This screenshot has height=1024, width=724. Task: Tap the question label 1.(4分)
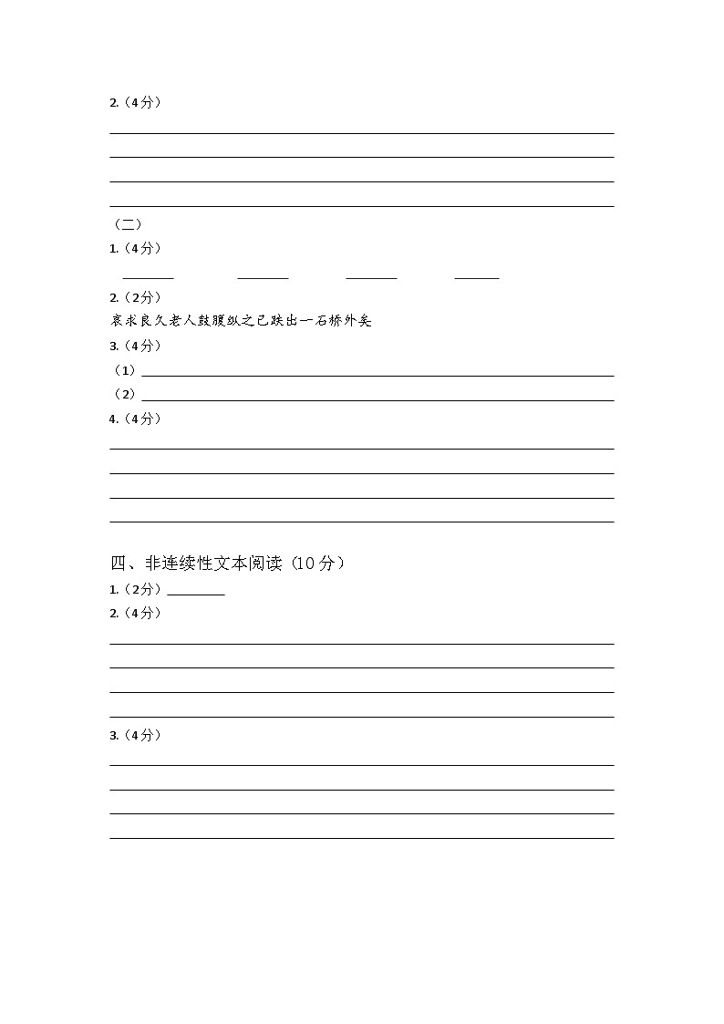(x=135, y=249)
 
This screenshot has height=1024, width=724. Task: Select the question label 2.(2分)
(x=135, y=297)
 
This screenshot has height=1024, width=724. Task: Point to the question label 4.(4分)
(x=135, y=419)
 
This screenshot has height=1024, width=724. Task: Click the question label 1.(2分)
(x=135, y=589)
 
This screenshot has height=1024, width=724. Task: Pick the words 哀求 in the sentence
(x=122, y=321)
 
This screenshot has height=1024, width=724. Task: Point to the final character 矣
(x=365, y=321)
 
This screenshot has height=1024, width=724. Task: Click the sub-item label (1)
(x=124, y=370)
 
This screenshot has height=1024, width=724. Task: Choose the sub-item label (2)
(x=124, y=394)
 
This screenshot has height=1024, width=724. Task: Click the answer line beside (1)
(x=378, y=375)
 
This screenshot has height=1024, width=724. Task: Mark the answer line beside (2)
(x=378, y=399)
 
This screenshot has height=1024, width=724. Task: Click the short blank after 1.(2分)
(x=196, y=593)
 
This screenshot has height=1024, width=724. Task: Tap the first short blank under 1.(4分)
(x=148, y=276)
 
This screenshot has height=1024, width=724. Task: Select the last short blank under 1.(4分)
(x=476, y=276)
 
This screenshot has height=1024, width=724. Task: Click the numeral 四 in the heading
(x=118, y=564)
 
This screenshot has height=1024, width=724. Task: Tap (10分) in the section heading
(x=319, y=564)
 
